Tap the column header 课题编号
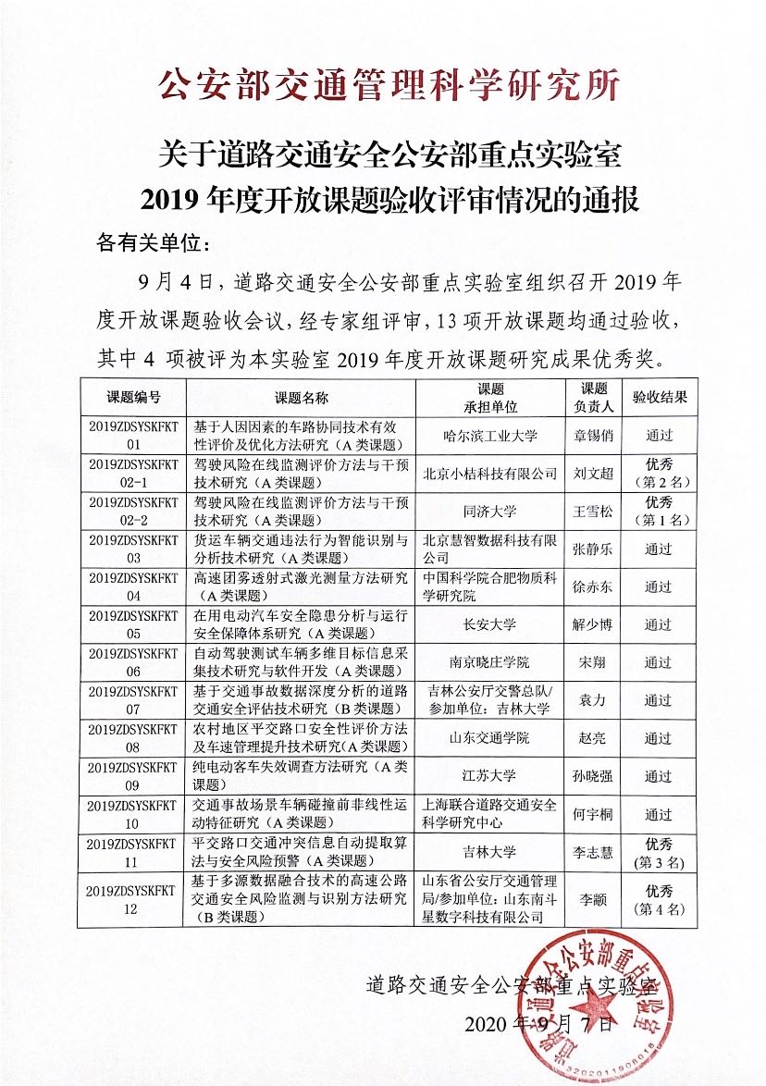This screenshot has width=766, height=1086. tap(133, 397)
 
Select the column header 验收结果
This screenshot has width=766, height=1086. tap(659, 397)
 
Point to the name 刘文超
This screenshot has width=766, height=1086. tap(593, 473)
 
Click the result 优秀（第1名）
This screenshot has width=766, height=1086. tap(659, 511)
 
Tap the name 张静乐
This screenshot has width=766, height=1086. tap(593, 549)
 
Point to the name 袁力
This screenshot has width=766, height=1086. tap(593, 700)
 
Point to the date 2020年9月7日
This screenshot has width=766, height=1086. tap(537, 1024)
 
